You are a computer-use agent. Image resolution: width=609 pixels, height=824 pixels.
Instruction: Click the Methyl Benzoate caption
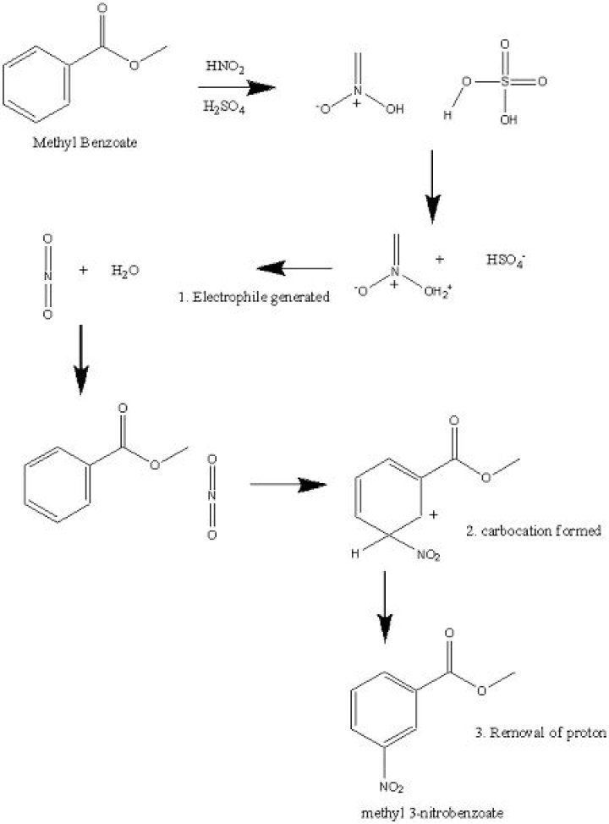[85, 141]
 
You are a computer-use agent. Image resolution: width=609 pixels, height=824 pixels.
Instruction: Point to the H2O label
[125, 271]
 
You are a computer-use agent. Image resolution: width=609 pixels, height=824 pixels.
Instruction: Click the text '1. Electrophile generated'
[255, 298]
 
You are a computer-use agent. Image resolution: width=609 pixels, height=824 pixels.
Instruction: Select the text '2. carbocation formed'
[534, 531]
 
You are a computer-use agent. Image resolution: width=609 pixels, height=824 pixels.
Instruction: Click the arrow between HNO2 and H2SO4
[238, 86]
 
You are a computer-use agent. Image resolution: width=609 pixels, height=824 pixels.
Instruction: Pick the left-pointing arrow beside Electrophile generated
[294, 269]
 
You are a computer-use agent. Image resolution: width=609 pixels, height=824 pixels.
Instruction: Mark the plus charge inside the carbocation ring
[433, 514]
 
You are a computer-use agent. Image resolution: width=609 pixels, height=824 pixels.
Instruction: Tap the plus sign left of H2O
[83, 271]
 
